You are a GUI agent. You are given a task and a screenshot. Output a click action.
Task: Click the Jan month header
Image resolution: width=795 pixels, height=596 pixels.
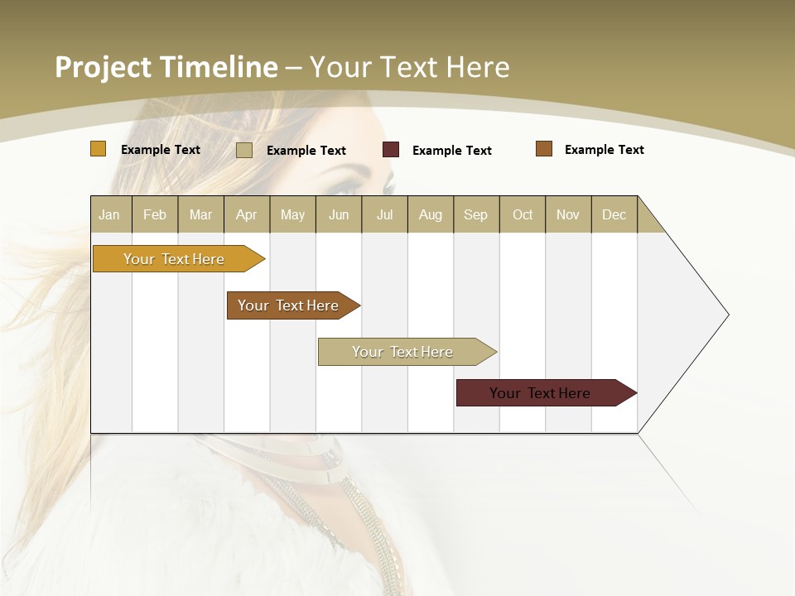click(110, 214)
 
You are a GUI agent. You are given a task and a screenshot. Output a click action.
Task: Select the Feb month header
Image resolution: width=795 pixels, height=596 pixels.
click(155, 214)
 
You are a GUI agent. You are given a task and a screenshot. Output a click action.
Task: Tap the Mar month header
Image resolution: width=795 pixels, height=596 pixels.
click(200, 214)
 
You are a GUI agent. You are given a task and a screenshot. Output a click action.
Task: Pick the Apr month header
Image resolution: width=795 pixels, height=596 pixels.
click(247, 214)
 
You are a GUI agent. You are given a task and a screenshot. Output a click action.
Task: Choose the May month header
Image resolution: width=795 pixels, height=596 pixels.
click(292, 214)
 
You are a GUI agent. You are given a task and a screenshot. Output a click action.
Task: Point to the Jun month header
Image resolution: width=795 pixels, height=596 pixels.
click(339, 214)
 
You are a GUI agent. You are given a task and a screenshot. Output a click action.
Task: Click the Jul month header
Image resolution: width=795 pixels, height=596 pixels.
click(384, 214)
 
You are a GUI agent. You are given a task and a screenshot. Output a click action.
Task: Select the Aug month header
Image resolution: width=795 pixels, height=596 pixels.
click(431, 214)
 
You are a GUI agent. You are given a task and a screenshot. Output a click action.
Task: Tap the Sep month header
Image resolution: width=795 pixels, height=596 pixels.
click(476, 214)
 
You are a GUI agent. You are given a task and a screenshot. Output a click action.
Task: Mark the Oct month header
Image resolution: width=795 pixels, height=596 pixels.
click(523, 214)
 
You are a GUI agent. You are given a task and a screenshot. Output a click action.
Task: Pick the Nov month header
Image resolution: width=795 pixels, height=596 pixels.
click(568, 214)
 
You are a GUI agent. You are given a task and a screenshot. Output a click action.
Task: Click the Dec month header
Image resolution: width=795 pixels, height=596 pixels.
click(614, 214)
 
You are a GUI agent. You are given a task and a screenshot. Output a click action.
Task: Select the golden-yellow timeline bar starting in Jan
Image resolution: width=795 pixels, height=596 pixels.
click(175, 259)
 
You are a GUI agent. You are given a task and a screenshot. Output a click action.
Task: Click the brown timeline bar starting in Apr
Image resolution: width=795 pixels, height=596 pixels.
click(289, 305)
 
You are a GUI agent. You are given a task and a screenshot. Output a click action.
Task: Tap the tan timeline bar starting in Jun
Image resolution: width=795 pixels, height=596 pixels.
click(403, 352)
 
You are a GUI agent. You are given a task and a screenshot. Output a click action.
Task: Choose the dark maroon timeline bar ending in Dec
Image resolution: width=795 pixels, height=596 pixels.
click(541, 393)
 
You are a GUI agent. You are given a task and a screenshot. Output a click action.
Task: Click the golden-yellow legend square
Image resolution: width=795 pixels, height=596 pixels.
click(99, 149)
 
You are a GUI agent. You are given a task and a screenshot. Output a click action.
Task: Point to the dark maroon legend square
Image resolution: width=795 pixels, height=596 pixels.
click(391, 150)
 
